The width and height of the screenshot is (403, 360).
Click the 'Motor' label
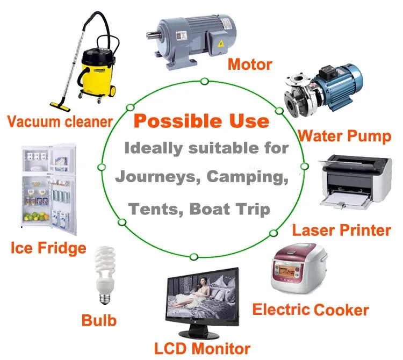click(x=250, y=65)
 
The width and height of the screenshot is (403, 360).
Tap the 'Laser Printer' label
click(x=341, y=231)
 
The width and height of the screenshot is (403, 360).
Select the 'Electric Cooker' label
click(x=310, y=309)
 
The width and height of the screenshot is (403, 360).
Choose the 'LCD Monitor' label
click(x=202, y=348)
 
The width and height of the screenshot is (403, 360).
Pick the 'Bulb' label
click(x=99, y=321)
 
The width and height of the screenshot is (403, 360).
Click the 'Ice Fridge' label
click(x=48, y=248)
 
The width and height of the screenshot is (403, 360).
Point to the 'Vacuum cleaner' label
click(x=60, y=121)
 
